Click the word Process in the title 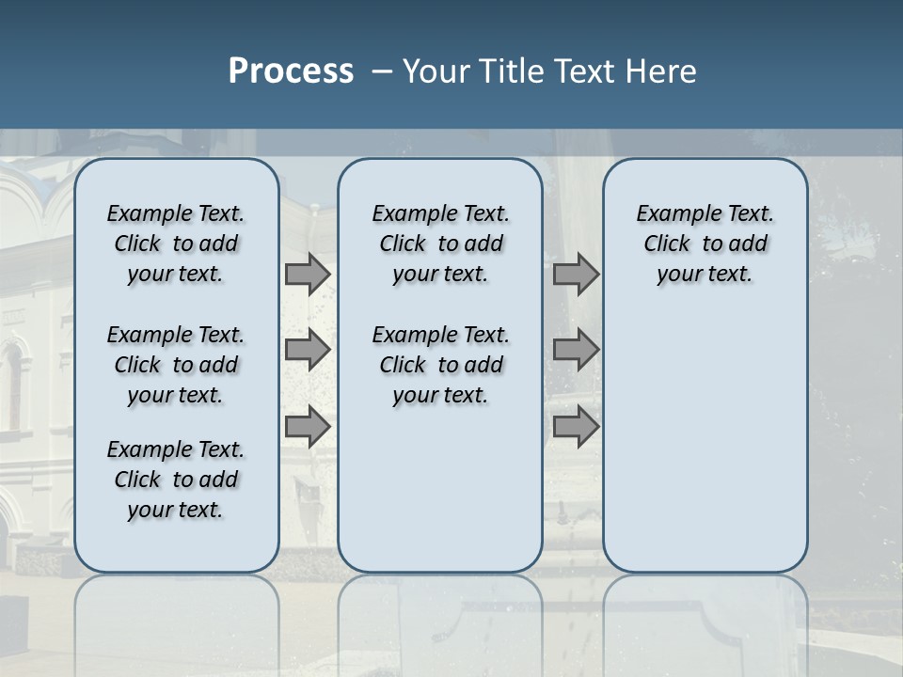[291, 71]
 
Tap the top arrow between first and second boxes [308, 274]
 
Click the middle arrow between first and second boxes [308, 350]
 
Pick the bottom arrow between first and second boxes [308, 427]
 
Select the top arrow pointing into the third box [576, 274]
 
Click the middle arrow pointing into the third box [576, 350]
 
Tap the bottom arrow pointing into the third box [576, 427]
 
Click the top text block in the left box [176, 244]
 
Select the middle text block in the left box [176, 365]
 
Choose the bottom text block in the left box [176, 480]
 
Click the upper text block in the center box [440, 244]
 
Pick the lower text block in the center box [440, 365]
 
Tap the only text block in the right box [705, 244]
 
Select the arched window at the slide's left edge [11, 386]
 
